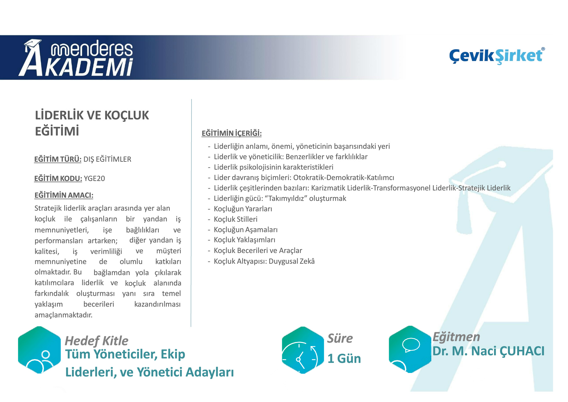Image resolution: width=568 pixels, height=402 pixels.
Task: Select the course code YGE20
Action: coord(94,178)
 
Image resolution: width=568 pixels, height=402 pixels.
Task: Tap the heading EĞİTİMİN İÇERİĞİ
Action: coord(232,133)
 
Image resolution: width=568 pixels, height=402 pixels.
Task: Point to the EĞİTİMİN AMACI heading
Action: coord(64,195)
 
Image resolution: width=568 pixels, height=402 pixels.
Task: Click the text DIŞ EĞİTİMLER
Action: coord(107,159)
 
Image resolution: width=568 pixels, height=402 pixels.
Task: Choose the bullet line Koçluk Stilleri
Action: coord(235,219)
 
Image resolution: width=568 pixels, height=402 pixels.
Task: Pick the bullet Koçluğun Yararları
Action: coord(243,209)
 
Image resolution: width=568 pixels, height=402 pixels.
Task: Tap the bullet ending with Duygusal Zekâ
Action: coord(264,261)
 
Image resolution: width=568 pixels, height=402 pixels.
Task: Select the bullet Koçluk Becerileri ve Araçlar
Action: coord(258,250)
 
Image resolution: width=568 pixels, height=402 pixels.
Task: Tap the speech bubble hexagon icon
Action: coord(410,349)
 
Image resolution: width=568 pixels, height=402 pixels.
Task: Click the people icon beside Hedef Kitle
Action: coord(39,350)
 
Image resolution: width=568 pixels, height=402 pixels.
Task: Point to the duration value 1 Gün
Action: coord(344,359)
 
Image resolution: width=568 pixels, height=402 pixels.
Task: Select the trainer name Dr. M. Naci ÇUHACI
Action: coord(488,351)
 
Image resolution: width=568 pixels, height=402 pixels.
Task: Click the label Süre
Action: coord(340,338)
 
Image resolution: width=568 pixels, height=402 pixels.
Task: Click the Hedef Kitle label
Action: coord(96,341)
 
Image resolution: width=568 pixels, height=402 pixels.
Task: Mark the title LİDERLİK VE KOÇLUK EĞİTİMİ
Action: coord(92,123)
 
